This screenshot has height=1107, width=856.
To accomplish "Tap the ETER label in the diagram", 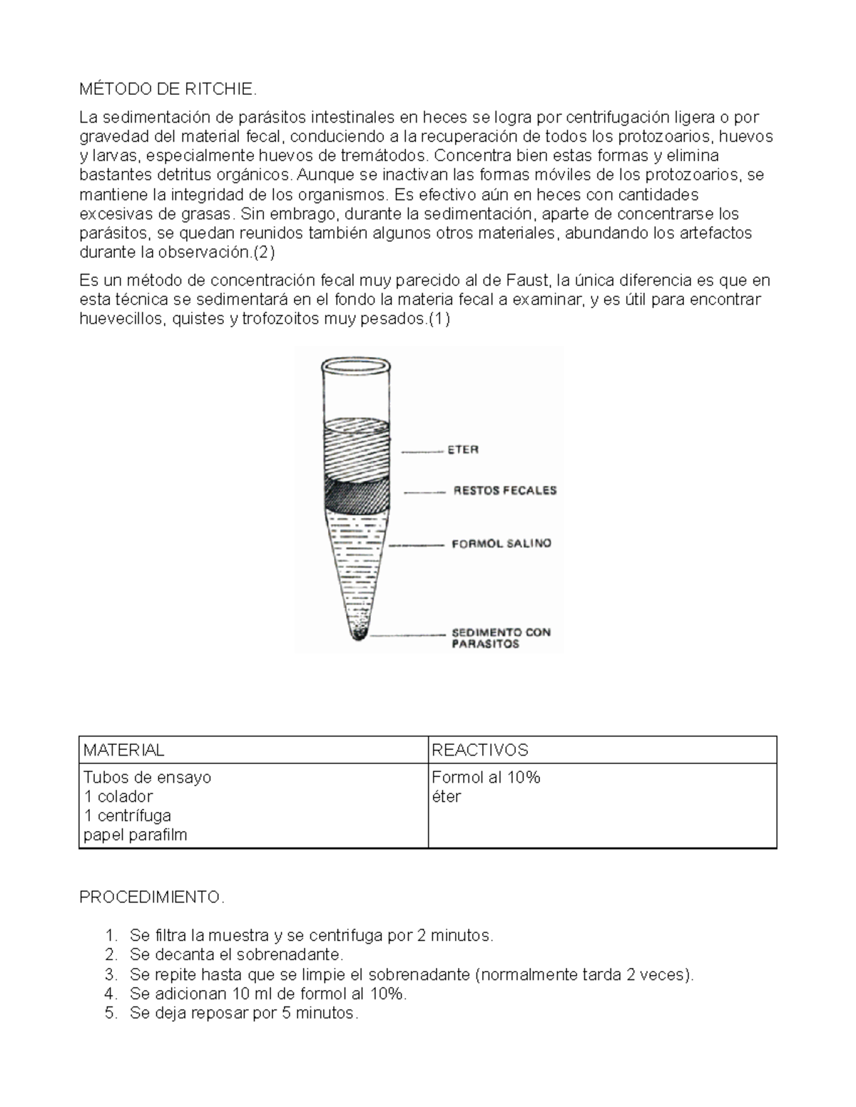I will point(463,450).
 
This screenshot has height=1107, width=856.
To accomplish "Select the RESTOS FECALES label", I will point(505,491).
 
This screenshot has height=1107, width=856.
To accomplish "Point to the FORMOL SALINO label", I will point(501,544).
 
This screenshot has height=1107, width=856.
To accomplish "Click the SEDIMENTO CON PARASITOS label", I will point(501,637).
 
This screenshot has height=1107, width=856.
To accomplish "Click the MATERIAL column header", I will point(123,750).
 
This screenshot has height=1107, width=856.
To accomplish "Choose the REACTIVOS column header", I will point(479,750).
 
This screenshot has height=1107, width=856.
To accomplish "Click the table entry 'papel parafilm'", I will point(135,835).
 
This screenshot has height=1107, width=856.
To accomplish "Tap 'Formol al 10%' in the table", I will point(486,777).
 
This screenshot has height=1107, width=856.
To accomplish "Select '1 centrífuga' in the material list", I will point(127,815).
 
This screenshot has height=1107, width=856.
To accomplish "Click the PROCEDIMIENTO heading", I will point(151,897).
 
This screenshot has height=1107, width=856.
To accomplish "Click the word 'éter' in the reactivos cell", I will point(447,796).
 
